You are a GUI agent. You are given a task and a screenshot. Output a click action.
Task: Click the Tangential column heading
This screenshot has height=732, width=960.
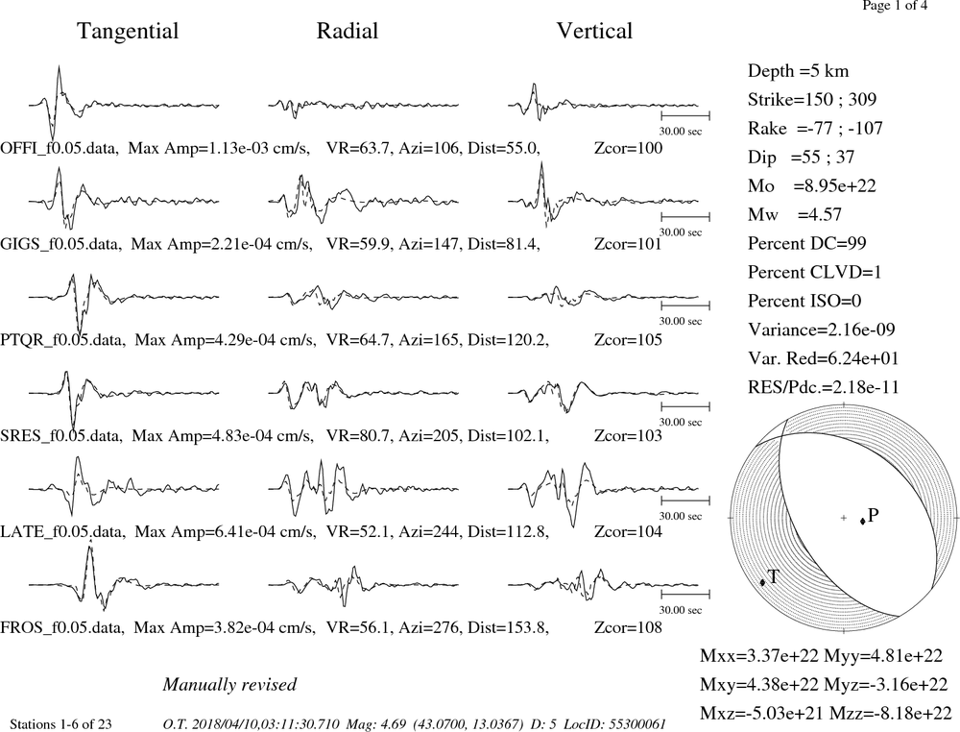[x=128, y=32]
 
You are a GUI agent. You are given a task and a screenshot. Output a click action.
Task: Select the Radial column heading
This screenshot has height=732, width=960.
[x=348, y=31]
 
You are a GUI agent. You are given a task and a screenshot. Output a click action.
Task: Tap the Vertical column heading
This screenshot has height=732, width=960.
[x=594, y=31]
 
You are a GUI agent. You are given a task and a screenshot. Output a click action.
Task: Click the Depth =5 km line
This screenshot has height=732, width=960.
[x=798, y=71]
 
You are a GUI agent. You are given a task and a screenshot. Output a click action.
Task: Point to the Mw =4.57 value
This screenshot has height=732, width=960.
[x=794, y=214]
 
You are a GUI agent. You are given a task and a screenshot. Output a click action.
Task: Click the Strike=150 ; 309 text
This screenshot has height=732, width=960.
[x=812, y=99]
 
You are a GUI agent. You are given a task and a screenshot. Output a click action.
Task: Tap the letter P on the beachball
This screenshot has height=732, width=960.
[x=873, y=515]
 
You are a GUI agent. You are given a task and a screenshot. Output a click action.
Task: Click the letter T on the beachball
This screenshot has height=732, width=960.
[x=773, y=576]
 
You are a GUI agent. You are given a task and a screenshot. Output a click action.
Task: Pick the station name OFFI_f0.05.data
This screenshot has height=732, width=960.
[x=60, y=148]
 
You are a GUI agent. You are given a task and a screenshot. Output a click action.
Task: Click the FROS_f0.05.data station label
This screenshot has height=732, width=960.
[x=62, y=628]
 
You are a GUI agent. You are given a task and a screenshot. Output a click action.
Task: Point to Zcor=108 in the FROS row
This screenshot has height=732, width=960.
[x=628, y=628]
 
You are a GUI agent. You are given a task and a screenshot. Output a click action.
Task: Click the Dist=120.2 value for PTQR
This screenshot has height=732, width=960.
[x=508, y=340]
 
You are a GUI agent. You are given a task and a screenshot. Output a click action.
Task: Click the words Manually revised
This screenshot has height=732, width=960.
[x=229, y=684]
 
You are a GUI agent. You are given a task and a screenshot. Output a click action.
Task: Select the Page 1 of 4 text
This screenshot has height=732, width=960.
[x=895, y=6]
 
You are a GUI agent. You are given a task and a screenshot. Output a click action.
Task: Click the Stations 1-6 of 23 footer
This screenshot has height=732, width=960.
[x=61, y=724]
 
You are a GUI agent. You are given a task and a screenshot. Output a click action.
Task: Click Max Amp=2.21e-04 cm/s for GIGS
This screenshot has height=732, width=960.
[x=223, y=244]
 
